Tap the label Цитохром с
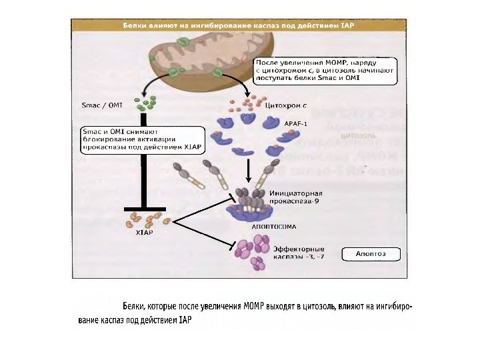point(286,105)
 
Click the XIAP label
point(143,233)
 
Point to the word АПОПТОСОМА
point(269,226)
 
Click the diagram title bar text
point(238,25)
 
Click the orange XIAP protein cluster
point(147,218)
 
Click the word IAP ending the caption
point(185,320)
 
